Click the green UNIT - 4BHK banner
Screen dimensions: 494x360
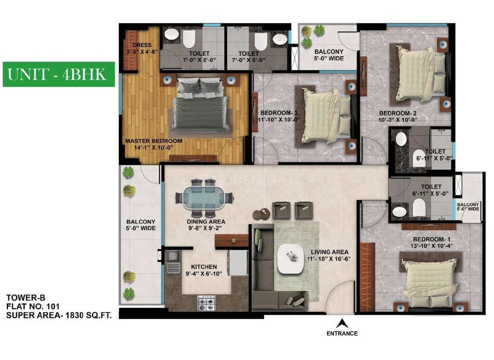59,74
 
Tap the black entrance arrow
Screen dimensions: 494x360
342,324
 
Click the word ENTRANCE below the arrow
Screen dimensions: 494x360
342,334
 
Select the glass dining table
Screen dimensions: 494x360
204,197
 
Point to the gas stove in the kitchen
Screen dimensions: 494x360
207,303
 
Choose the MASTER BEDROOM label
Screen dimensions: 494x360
154,141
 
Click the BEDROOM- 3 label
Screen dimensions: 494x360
279,113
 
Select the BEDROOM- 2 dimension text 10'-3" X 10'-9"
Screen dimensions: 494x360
398,120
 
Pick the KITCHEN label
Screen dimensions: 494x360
204,267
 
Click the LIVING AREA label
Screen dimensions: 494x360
330,252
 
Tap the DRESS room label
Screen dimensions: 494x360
142,45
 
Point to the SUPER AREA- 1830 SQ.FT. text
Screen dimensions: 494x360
59,315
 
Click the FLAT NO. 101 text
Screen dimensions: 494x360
33,306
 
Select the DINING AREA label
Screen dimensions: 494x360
206,222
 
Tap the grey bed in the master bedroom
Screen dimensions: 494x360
201,105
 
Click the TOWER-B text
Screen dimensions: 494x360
26,298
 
